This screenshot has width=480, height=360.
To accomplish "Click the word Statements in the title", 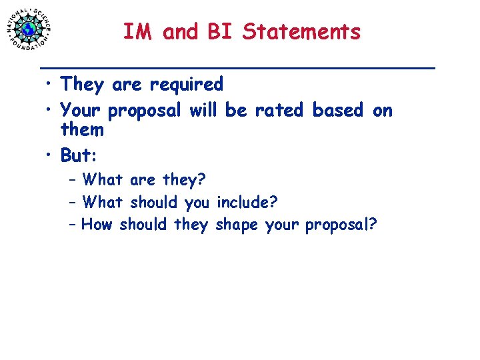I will click(x=301, y=31).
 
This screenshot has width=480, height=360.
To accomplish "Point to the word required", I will click(x=186, y=85).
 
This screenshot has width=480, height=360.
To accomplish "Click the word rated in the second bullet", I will click(x=279, y=110).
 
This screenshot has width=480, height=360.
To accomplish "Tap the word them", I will click(x=82, y=129).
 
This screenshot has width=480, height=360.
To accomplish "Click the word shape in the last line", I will click(x=237, y=225).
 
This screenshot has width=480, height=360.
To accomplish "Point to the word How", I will click(x=97, y=225).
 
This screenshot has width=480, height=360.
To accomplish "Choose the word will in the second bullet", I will click(x=203, y=110).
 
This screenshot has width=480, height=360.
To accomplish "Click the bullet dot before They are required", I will click(x=49, y=85).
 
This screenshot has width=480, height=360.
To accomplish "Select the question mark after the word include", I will click(x=273, y=202).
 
